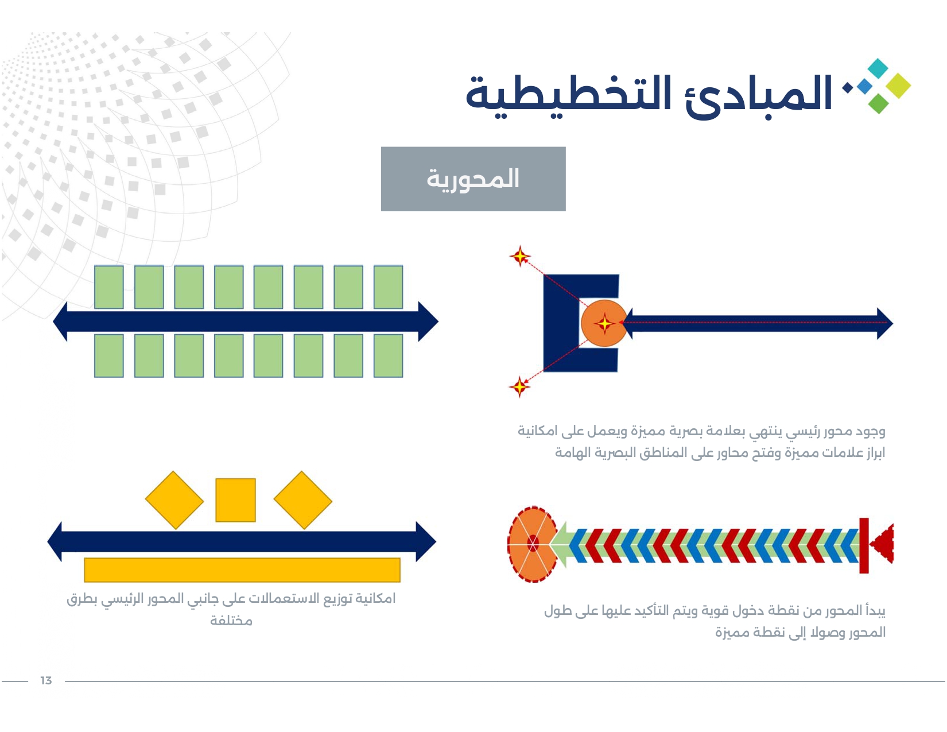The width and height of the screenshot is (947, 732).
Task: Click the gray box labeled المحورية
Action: (x=473, y=179)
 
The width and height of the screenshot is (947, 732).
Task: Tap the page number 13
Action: (x=46, y=680)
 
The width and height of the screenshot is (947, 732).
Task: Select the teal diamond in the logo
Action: (x=878, y=68)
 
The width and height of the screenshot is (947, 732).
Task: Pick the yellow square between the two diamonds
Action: (x=235, y=500)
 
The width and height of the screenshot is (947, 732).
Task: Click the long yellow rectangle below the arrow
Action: (x=242, y=570)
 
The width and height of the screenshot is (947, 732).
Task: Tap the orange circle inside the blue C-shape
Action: (x=604, y=323)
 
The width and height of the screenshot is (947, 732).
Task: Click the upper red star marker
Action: (x=520, y=256)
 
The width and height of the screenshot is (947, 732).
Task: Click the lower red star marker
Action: (x=519, y=386)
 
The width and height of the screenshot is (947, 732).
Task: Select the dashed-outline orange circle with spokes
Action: (x=533, y=544)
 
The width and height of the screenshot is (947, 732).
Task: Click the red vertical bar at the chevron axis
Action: (x=864, y=545)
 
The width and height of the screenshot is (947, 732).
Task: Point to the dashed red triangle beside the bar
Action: (x=882, y=544)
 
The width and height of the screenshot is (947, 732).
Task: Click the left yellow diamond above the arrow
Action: (x=174, y=500)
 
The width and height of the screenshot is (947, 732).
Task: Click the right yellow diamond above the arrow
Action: (x=303, y=500)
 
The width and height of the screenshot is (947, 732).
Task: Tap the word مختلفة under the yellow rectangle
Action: (x=231, y=621)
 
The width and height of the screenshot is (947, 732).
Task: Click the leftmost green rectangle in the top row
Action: (x=109, y=287)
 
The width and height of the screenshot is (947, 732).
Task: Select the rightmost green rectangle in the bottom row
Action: (x=389, y=355)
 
